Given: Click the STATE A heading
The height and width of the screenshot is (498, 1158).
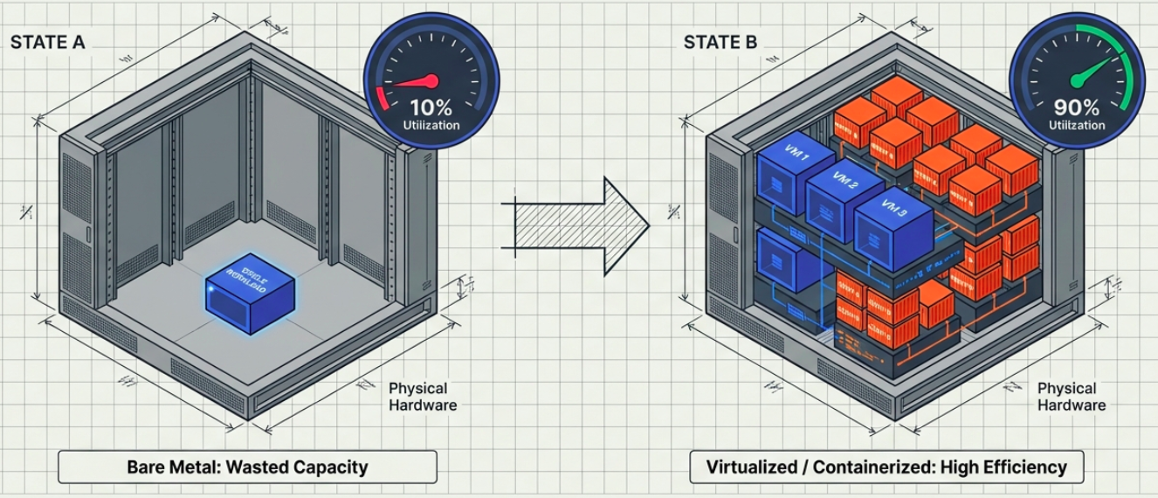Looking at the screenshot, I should pos(47,42).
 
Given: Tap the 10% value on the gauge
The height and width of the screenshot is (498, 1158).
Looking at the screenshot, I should pos(431,107).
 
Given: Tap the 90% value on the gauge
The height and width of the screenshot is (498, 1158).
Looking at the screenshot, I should pos(1078,107).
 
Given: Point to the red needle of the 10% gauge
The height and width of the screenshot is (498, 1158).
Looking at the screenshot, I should pos(410,84).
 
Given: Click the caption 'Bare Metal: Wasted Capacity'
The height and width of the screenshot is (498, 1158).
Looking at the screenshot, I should pos(247,467).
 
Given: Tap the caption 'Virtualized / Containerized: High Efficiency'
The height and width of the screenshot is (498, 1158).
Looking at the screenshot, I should pos(886,467).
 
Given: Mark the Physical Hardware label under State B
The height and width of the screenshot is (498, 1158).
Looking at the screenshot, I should pos(1071,396).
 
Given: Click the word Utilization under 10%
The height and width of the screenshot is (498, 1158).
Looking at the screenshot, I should pos(431,126).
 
